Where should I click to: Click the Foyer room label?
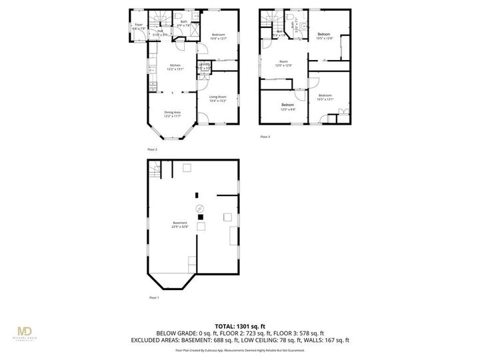pyautogui.click(x=138, y=26)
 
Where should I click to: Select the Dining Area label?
pyautogui.click(x=173, y=113)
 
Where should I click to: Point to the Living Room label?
pyautogui.click(x=218, y=99)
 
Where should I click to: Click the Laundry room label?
pyautogui.click(x=205, y=65)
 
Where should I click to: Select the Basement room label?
pyautogui.click(x=180, y=224)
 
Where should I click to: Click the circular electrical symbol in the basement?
pyautogui.click(x=199, y=209)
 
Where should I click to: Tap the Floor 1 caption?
pyautogui.click(x=154, y=297)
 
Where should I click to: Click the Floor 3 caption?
pyautogui.click(x=265, y=137)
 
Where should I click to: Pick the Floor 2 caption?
pyautogui.click(x=153, y=149)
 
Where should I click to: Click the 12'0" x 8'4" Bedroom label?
pyautogui.click(x=287, y=107)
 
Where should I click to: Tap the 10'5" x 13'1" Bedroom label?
pyautogui.click(x=325, y=97)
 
